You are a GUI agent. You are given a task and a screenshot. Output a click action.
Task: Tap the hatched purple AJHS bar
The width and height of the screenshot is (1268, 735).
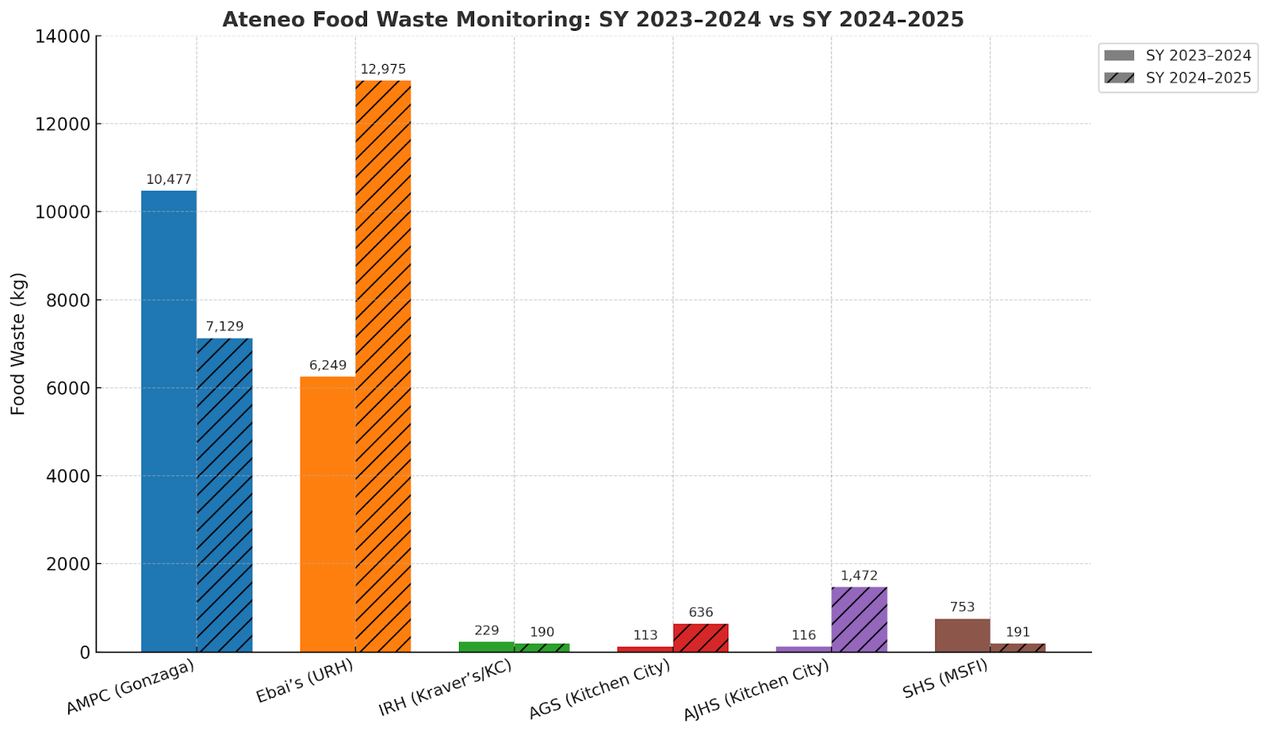coord(859,619)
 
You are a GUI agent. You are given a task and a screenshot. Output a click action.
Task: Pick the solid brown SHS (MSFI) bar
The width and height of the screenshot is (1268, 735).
coord(962,635)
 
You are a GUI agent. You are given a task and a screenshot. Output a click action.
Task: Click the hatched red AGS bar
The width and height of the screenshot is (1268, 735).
coord(701,638)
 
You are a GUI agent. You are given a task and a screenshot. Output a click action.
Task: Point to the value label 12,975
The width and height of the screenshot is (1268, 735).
coord(383,70)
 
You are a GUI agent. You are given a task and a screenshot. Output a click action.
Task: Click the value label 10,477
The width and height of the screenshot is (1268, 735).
coord(169,180)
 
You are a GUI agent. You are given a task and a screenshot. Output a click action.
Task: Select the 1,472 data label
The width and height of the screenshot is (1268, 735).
coord(859,576)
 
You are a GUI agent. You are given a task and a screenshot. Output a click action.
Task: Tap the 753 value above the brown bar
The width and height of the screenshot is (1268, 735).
coord(962,607)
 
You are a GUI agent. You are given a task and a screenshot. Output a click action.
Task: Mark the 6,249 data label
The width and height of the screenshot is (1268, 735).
coord(327,365)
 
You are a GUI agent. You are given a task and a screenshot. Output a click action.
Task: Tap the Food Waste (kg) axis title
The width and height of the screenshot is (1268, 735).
coord(18,344)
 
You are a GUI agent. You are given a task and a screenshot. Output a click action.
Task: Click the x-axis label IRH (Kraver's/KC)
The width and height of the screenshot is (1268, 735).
coord(445,687)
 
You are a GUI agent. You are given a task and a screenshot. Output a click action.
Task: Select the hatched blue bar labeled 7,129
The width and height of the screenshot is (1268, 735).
coord(224,495)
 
